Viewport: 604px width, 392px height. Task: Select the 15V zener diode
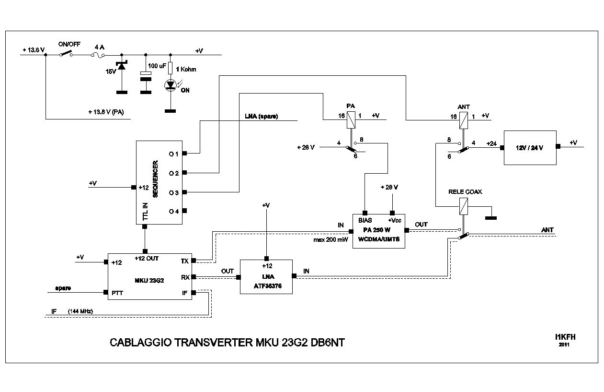(x=122, y=66)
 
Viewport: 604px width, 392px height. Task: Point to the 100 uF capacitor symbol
(x=145, y=75)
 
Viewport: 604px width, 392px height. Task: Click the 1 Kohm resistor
(x=170, y=69)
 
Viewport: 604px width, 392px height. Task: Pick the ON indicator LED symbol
(x=170, y=85)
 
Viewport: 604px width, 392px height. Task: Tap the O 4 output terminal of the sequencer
(x=184, y=211)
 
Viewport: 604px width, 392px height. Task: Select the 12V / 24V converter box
(x=530, y=147)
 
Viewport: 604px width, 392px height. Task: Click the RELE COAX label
(x=465, y=191)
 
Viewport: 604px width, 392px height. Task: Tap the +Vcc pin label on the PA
(x=394, y=220)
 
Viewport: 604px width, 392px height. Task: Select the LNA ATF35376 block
(x=266, y=277)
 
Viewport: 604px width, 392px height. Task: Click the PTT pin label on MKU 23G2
(x=117, y=292)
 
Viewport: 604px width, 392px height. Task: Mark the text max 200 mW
(x=331, y=239)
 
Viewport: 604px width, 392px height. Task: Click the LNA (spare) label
(x=262, y=116)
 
